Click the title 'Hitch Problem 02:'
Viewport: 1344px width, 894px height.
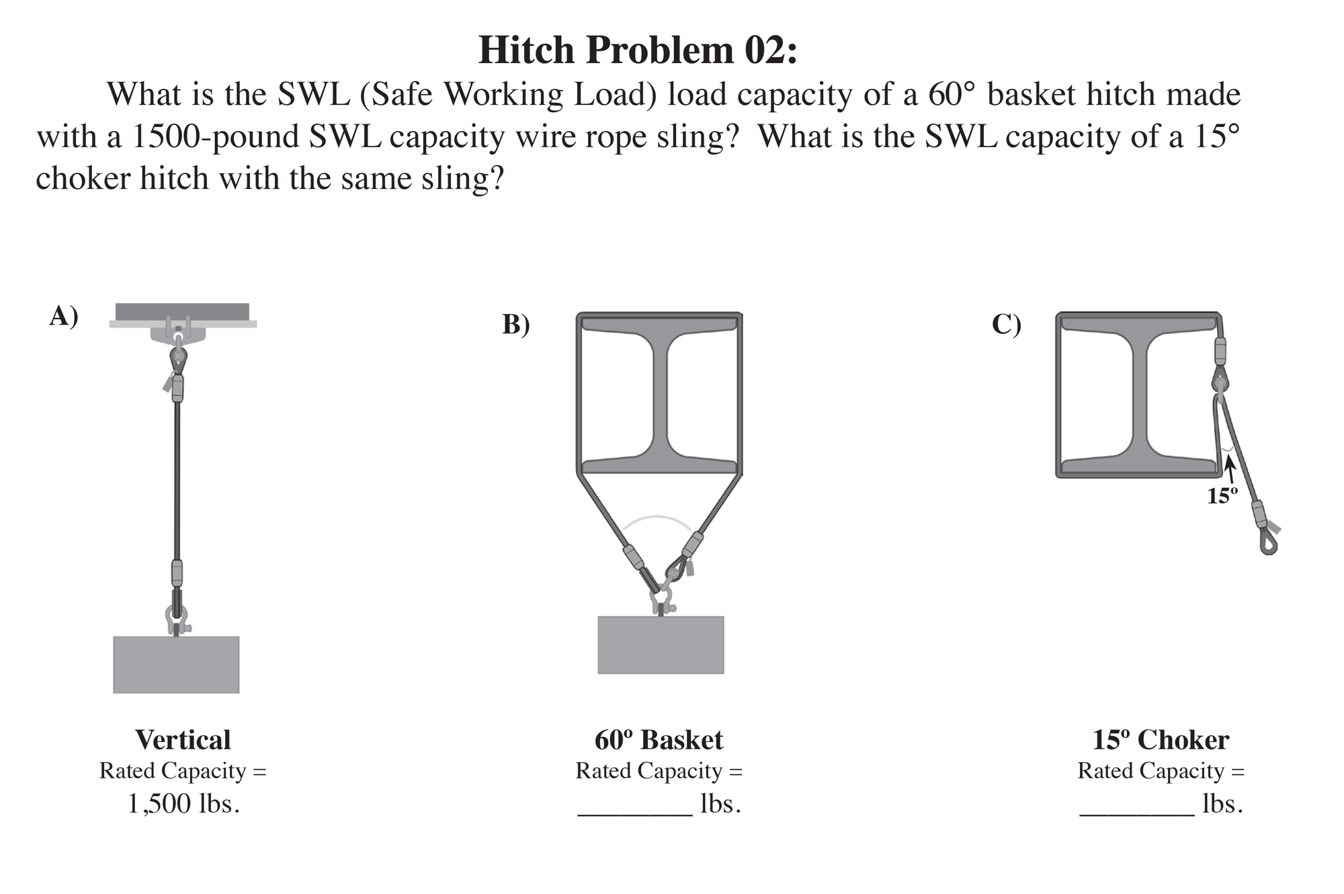(x=638, y=50)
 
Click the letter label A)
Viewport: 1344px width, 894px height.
(x=64, y=315)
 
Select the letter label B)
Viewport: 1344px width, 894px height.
(x=516, y=324)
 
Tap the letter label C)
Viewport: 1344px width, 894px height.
(x=1006, y=324)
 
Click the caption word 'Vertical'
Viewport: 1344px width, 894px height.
(x=183, y=740)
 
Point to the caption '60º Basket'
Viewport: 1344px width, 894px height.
(x=659, y=740)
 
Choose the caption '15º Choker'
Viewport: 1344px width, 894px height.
(x=1161, y=740)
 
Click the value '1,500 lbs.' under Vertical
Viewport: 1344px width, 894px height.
(x=183, y=804)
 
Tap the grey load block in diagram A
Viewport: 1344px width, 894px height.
(x=176, y=664)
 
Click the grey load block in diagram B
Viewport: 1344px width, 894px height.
(x=661, y=645)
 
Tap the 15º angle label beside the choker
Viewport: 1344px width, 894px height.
(x=1222, y=496)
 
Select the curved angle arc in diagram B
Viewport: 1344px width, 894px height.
(x=657, y=518)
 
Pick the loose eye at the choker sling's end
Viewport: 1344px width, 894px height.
(x=1268, y=542)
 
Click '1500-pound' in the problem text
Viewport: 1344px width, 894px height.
(x=215, y=136)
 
